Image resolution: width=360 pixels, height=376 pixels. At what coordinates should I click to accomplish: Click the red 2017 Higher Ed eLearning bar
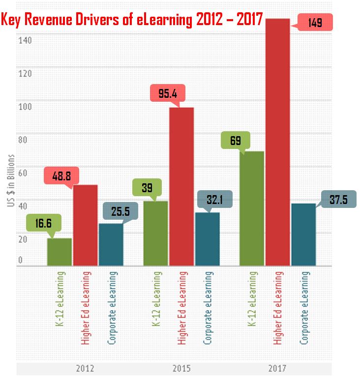[277, 143]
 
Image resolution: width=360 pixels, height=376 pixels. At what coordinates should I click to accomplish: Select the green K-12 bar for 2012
[59, 252]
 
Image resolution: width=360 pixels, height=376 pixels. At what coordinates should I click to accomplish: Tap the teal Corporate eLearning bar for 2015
[207, 239]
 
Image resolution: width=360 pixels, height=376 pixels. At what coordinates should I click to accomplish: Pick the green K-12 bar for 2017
[251, 208]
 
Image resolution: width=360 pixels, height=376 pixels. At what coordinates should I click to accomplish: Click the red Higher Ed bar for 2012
[85, 225]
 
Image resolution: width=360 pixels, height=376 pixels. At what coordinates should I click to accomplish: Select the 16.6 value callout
[44, 223]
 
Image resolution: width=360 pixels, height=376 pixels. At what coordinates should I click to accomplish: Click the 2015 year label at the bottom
[181, 368]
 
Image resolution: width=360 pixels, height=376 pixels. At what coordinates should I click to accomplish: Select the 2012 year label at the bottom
[85, 368]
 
